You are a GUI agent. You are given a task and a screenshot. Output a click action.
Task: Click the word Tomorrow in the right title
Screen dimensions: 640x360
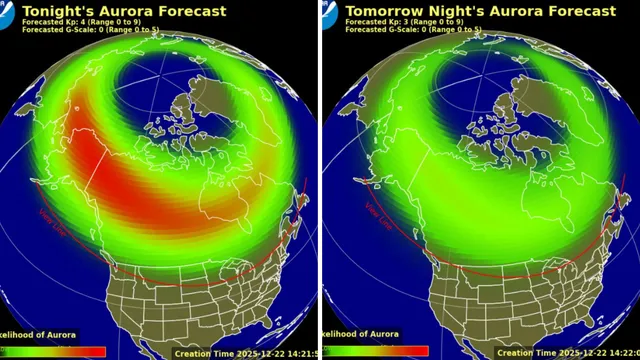pyautogui.click(x=382, y=12)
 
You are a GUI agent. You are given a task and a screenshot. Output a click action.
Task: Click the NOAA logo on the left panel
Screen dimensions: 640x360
pyautogui.click(x=8, y=12)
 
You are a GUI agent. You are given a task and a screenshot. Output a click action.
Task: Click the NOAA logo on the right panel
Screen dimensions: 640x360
pyautogui.click(x=330, y=12)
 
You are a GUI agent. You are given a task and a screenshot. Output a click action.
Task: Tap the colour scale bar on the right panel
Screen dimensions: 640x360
pyautogui.click(x=380, y=350)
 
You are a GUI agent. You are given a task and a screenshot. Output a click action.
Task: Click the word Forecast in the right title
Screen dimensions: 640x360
pyautogui.click(x=576, y=12)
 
